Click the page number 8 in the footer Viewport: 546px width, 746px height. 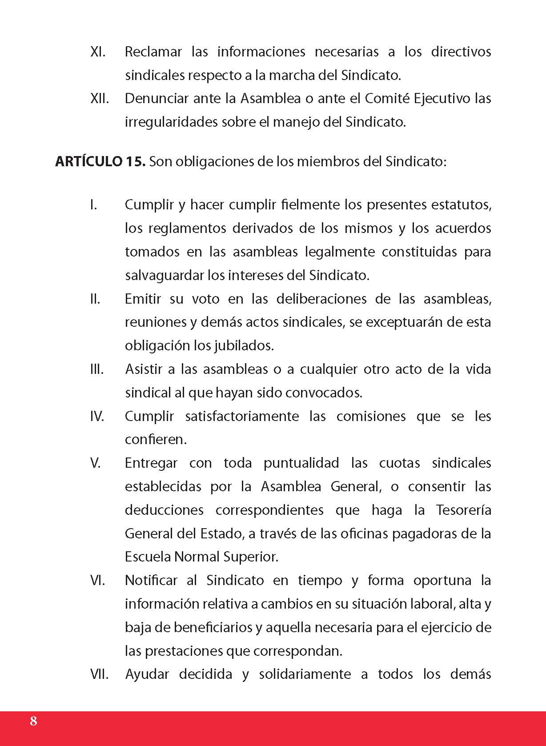pyautogui.click(x=33, y=721)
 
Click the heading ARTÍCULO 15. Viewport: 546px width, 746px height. pyautogui.click(x=100, y=161)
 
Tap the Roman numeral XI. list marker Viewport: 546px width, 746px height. pyautogui.click(x=97, y=52)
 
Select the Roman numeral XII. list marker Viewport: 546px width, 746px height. pyautogui.click(x=99, y=98)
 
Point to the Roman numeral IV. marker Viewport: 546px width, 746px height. pyautogui.click(x=97, y=417)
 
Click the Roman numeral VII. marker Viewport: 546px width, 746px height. pyautogui.click(x=99, y=674)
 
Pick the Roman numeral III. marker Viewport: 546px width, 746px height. pyautogui.click(x=96, y=369)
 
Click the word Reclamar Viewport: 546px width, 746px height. pyautogui.click(x=153, y=52)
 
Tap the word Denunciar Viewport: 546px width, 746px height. pyautogui.click(x=157, y=98)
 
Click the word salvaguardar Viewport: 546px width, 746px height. pyautogui.click(x=165, y=276)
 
